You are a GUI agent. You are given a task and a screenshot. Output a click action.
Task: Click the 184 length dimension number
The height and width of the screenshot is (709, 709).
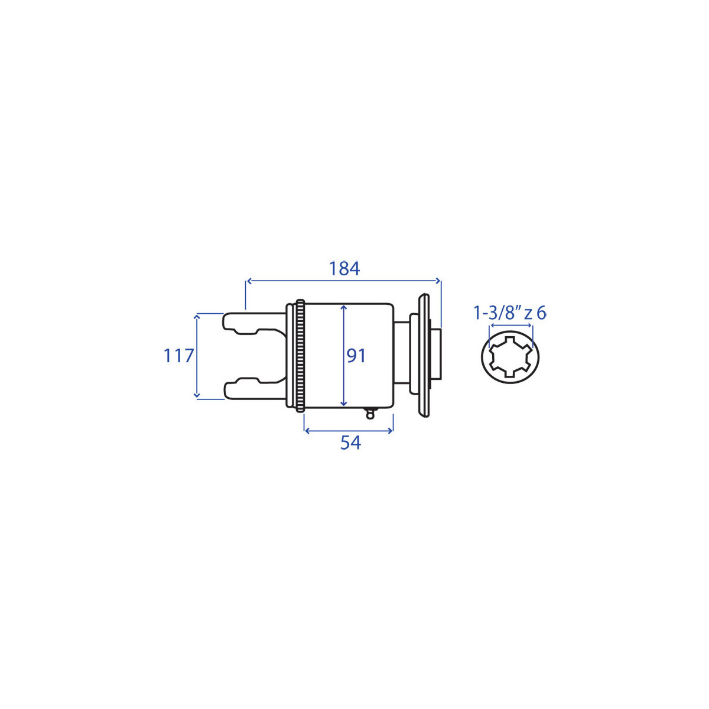coord(344,269)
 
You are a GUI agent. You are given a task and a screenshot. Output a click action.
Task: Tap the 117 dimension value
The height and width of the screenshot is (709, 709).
coord(178,356)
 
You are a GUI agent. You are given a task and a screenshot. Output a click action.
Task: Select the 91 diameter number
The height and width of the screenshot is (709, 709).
coord(356,356)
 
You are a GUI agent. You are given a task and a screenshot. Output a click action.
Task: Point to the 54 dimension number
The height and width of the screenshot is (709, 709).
coord(350,443)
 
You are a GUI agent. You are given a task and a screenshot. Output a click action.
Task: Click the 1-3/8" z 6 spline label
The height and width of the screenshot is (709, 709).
coord(509,314)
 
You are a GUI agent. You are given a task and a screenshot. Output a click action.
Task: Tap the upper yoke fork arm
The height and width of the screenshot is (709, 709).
coord(254,323)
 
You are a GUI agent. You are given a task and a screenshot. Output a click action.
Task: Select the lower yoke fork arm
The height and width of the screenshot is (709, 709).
coord(254,388)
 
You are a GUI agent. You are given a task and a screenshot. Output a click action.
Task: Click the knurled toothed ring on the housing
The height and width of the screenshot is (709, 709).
coord(300,356)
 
